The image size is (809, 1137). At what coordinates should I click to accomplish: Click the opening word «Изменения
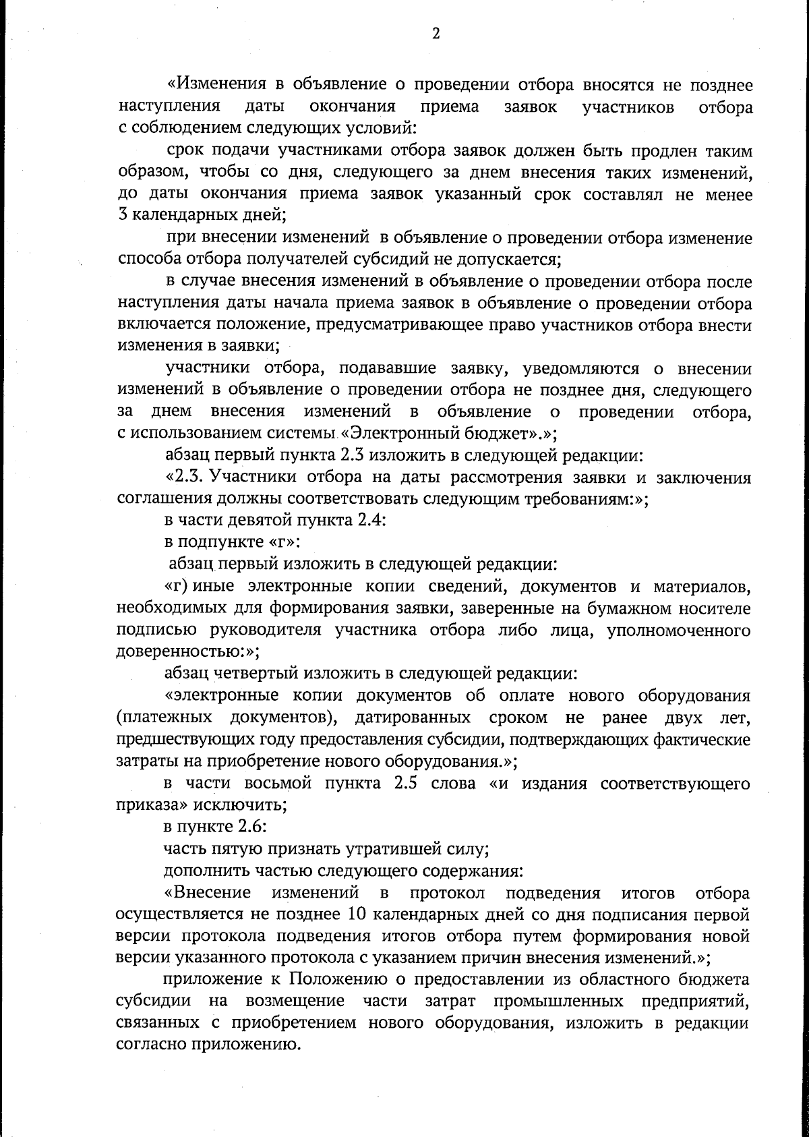pyautogui.click(x=214, y=85)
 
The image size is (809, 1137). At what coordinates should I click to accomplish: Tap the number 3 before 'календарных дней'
pyautogui.click(x=122, y=216)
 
